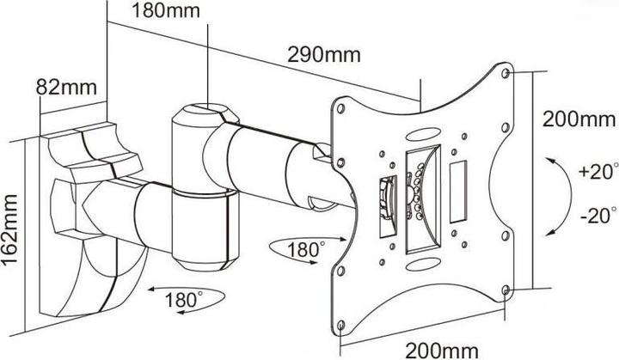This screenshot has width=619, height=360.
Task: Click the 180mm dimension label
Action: tap(166, 10)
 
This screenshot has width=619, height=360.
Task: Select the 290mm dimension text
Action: tap(324, 54)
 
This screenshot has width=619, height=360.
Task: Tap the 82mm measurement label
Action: tap(66, 87)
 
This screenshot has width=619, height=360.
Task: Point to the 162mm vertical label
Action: tap(9, 230)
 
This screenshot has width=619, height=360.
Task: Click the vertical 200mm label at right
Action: tap(579, 119)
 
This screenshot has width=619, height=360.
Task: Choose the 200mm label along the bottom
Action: tap(442, 351)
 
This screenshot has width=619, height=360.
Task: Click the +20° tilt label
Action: tap(597, 171)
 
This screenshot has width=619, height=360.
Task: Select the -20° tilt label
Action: tap(598, 216)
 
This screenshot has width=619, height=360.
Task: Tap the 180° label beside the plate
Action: tap(306, 249)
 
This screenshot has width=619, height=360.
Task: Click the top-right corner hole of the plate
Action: tap(505, 73)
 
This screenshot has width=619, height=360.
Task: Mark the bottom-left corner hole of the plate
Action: tap(340, 325)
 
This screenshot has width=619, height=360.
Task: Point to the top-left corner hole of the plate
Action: tap(340, 108)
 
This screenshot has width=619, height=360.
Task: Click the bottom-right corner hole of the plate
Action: tap(505, 290)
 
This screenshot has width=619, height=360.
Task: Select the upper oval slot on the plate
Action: tap(424, 134)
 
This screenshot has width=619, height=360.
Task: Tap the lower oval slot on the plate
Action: tap(424, 264)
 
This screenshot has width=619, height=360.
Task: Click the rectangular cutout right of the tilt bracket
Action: tap(458, 192)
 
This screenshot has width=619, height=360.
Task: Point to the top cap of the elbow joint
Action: tap(205, 110)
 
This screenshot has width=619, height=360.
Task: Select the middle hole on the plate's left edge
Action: tap(340, 162)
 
